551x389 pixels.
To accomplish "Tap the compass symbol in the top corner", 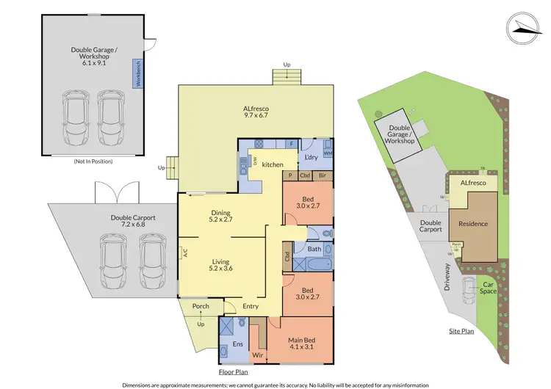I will pos(522,26).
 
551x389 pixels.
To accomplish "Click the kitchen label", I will pos(273,165).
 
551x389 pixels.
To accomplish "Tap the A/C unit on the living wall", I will pos(185,254).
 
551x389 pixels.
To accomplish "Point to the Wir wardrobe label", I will pos(259,355).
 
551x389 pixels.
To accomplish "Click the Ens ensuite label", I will pos(237,343).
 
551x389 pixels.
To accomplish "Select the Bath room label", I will pos(314,250).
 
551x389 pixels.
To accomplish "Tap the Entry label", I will pos(251,307).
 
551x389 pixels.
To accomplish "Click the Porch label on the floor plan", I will pos(201,306).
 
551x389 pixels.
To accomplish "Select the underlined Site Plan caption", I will pos(462,332).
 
